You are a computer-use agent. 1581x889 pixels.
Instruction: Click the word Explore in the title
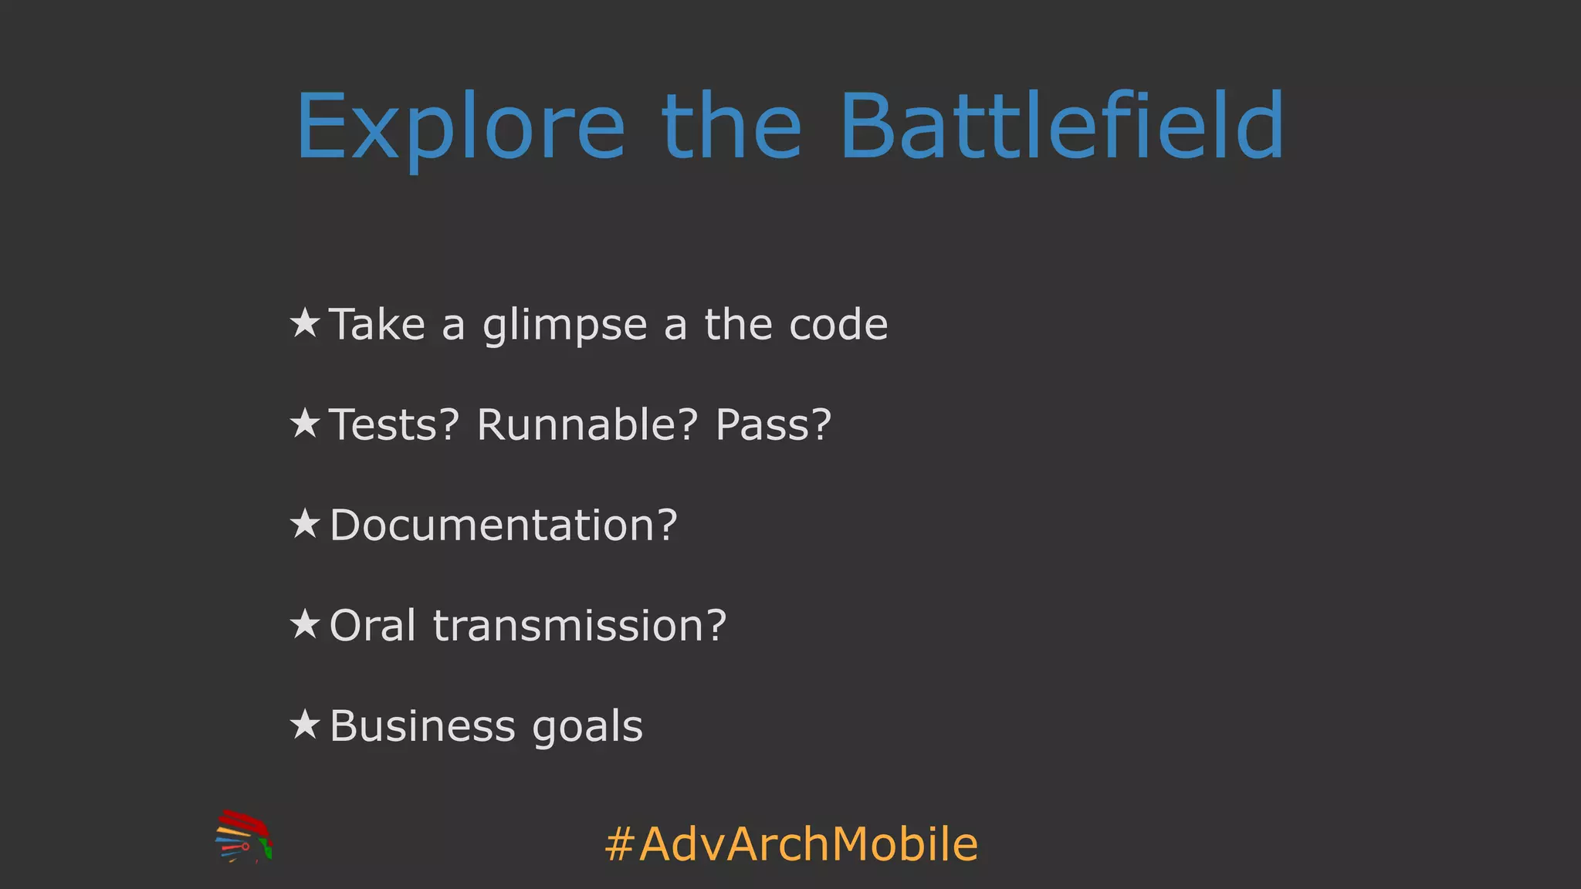pos(460,127)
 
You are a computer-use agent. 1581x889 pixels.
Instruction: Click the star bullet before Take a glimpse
pos(305,323)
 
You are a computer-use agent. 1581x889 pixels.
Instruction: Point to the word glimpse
pos(564,326)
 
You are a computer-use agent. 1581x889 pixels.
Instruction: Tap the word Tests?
pos(394,424)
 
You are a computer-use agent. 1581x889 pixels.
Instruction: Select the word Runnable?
pos(587,424)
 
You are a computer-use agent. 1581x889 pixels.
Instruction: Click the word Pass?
pos(773,424)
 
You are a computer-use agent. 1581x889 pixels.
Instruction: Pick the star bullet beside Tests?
pos(305,423)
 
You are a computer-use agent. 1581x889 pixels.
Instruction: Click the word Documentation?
pos(503,525)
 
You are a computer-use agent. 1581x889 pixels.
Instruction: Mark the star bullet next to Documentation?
pos(305,523)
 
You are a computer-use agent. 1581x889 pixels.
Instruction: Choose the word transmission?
pos(579,625)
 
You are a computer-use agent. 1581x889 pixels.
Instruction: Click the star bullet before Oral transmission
pos(305,624)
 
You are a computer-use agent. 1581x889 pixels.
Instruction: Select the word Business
pos(421,725)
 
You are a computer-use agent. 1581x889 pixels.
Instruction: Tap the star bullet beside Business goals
pos(305,724)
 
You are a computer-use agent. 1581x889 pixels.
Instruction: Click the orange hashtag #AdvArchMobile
pos(791,843)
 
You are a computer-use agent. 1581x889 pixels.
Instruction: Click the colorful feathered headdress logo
pos(244,837)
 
